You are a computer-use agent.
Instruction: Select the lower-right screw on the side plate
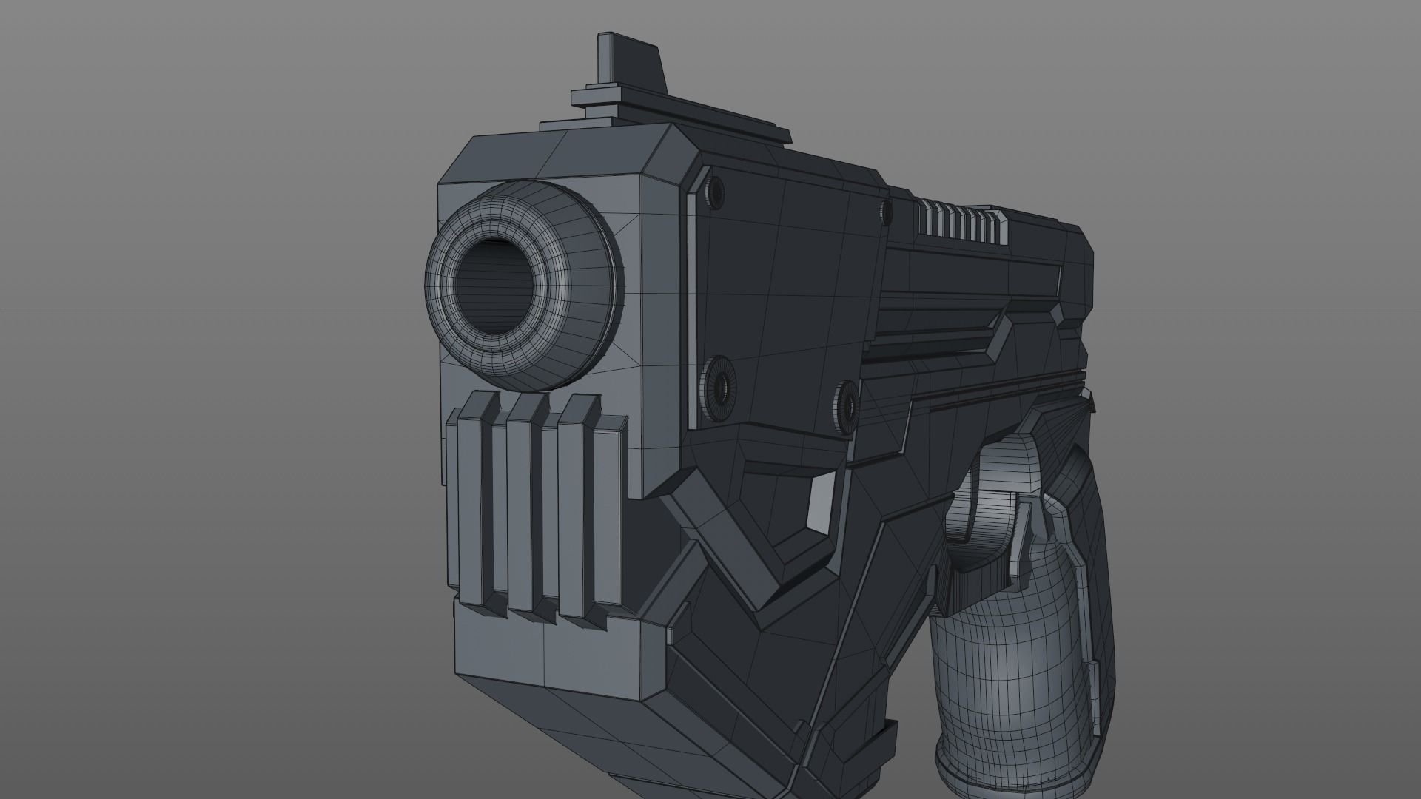coord(846,406)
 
